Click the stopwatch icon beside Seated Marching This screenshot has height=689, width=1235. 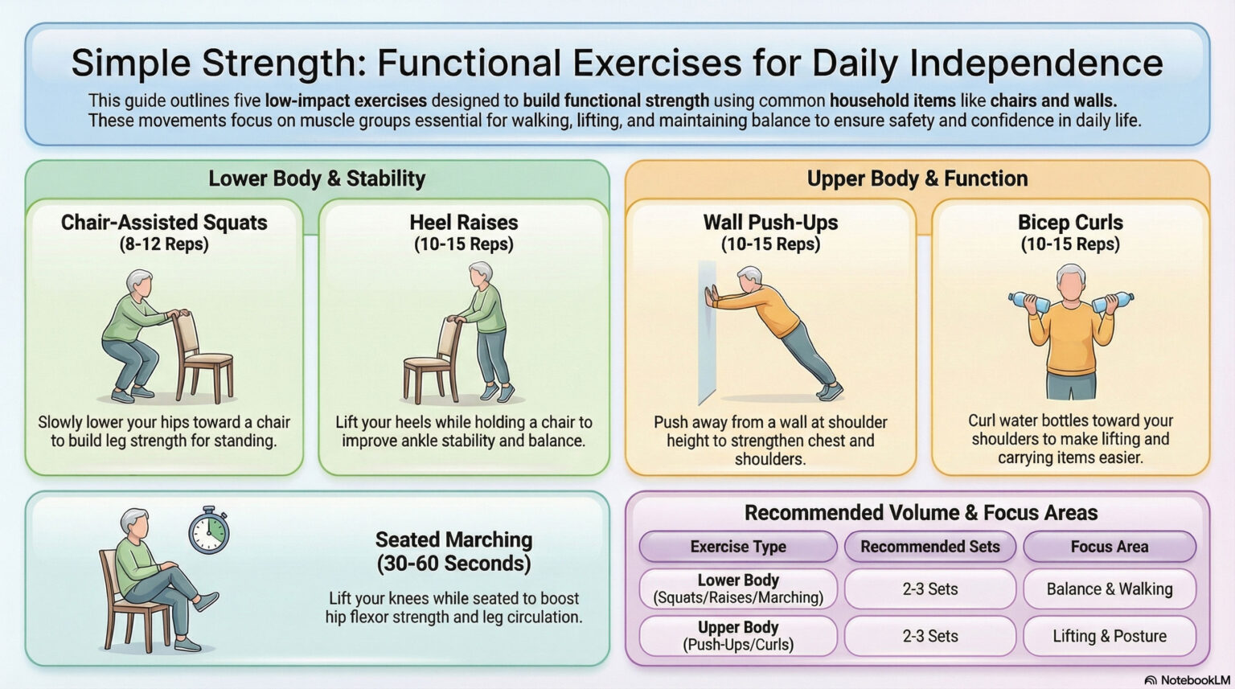point(209,531)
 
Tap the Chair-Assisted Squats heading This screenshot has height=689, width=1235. point(164,223)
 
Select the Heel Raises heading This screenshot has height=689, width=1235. point(464,223)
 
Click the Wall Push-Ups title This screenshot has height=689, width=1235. point(770,223)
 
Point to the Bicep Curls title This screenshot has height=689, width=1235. point(1070,223)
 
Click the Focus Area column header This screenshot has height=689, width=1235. point(1109,547)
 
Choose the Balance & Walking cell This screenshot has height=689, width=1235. point(1109,589)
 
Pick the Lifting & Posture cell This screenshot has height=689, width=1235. point(1109,636)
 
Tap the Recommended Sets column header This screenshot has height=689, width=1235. point(929,547)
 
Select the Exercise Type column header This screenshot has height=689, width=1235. point(738,547)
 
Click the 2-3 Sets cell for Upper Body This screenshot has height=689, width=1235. point(929,636)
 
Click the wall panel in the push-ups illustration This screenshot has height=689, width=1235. point(707,330)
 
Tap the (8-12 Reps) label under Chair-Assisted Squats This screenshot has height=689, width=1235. point(164,244)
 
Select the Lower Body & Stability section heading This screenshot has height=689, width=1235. point(317,178)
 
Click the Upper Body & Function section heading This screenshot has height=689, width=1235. point(917,178)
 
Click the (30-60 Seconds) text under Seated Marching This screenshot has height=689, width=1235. point(453,564)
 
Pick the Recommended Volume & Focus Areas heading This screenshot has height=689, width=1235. point(921,513)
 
